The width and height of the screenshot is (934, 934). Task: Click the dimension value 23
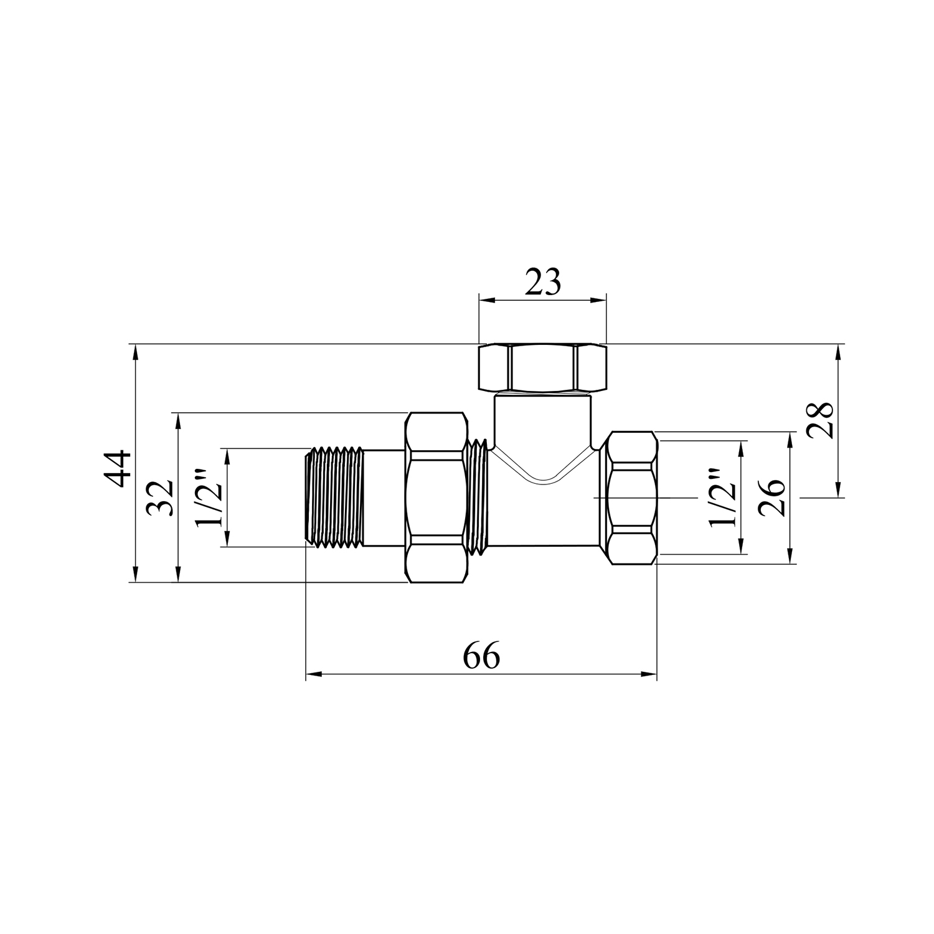(543, 283)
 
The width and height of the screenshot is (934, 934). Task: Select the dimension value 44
(118, 468)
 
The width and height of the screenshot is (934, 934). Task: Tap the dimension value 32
(160, 498)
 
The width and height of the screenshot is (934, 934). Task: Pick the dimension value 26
(772, 498)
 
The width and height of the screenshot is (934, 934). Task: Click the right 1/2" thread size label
(724, 498)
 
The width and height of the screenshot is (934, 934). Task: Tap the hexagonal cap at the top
(542, 368)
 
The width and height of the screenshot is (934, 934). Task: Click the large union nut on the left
(436, 498)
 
